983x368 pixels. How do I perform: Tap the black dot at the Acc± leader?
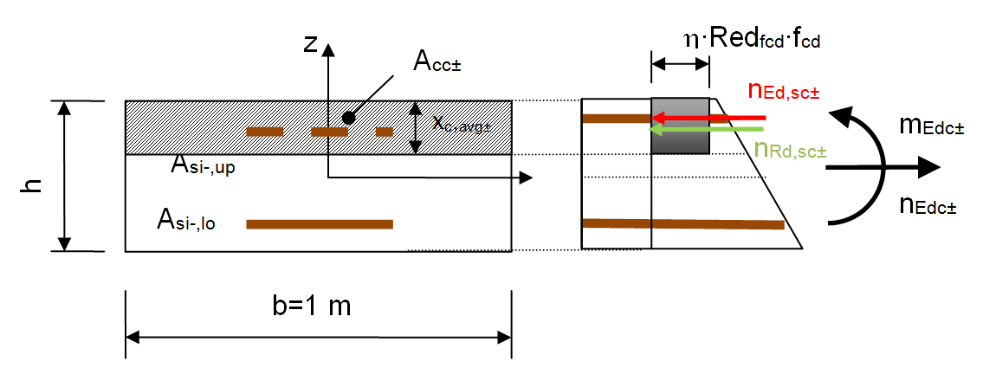click(x=349, y=117)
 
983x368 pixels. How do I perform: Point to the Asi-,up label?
click(x=204, y=166)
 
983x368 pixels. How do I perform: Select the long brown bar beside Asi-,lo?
click(x=320, y=223)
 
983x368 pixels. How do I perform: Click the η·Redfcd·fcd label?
click(x=752, y=40)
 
